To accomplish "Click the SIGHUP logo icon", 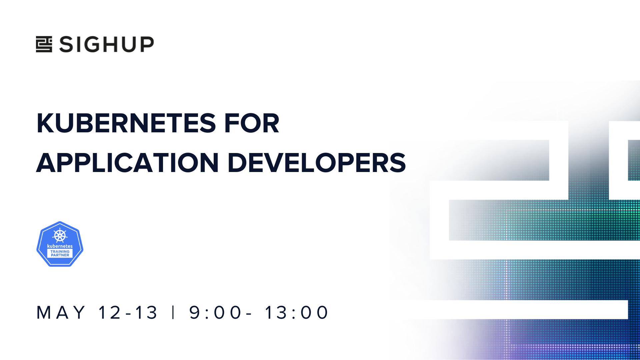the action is (x=44, y=44).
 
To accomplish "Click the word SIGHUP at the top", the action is (x=107, y=44).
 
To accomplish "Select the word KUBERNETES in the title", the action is (x=126, y=123).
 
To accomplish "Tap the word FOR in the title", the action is (x=252, y=123).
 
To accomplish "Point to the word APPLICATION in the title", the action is (x=127, y=163).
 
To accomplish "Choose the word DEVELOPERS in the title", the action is (x=317, y=163).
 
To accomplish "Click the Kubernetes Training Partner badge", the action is (x=60, y=244).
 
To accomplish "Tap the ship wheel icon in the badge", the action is (x=60, y=236).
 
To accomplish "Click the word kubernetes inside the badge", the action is (x=60, y=246).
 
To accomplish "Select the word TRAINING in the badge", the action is (x=60, y=252).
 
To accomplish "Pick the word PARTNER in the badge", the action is (x=60, y=255).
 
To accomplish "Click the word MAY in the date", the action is (x=61, y=313).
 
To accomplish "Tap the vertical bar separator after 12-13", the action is (x=173, y=313).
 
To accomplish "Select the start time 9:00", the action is (x=215, y=313).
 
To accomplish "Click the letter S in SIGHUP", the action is (x=66, y=44).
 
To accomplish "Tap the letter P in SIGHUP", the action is (x=147, y=44).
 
